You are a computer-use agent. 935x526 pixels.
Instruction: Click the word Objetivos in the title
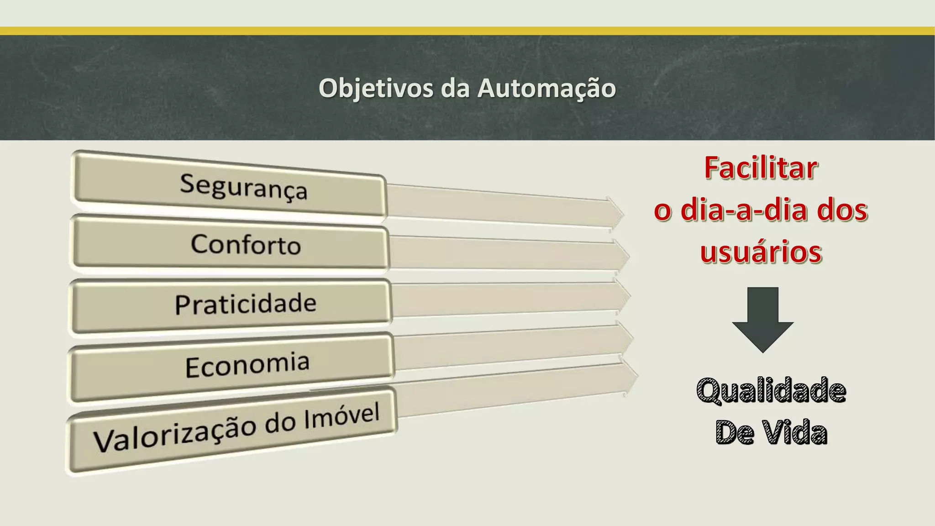pos(376,88)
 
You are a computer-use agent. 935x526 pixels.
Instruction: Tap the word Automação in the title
pos(546,88)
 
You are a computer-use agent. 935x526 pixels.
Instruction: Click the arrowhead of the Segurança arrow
pos(615,212)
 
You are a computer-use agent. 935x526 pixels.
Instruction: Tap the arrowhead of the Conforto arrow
pos(621,256)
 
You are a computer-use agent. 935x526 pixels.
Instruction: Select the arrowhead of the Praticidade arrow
pos(623,296)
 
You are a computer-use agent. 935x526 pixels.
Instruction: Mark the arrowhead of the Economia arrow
pos(626,338)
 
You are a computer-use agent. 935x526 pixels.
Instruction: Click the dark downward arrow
pos(763,320)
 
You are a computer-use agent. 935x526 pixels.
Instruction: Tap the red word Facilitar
pos(761,168)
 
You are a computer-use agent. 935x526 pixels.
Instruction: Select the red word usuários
pos(761,252)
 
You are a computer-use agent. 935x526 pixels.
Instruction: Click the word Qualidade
pos(771,391)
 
